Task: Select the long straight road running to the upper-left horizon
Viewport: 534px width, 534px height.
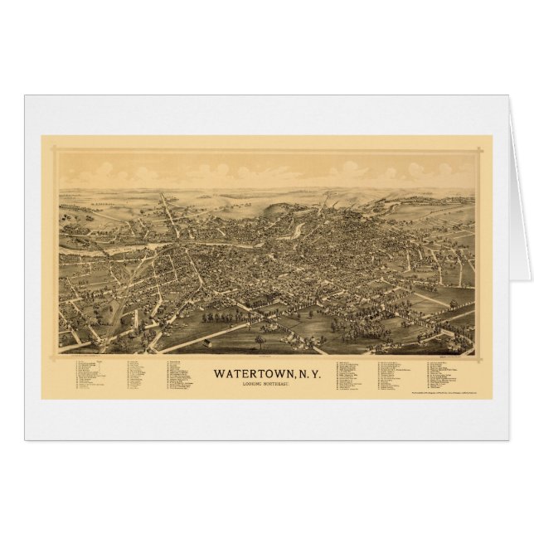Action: pos(170,211)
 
